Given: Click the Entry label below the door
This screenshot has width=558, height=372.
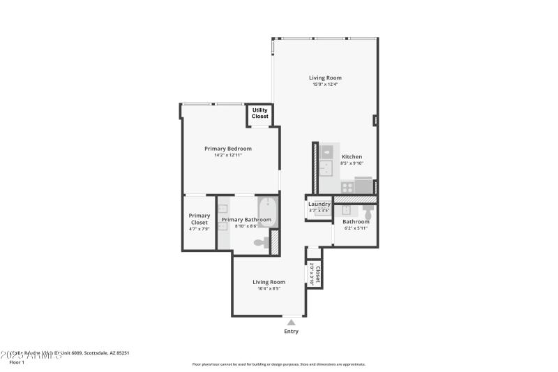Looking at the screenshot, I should click(291, 331).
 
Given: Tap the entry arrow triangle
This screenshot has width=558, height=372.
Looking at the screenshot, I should click(291, 322).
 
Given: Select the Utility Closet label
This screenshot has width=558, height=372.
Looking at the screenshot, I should click(259, 113).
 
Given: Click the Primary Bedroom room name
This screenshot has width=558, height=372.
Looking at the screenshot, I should click(228, 148).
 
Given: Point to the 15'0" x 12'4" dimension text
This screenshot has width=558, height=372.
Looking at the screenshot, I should click(325, 84).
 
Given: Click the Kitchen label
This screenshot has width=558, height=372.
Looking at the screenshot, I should click(352, 156).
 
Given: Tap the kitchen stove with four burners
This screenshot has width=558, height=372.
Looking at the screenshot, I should click(326, 187).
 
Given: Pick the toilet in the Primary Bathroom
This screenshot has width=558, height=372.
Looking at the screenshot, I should click(259, 243).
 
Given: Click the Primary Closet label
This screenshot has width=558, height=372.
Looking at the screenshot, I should click(199, 219).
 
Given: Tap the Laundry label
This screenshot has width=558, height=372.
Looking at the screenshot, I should click(319, 204).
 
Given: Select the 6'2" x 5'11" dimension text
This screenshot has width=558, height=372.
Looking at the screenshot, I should click(356, 228).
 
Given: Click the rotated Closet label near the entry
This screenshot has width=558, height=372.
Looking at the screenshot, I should click(318, 274).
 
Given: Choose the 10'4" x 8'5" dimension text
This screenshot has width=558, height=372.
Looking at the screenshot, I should click(269, 288).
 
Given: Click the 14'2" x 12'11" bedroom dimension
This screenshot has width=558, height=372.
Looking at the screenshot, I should click(228, 155).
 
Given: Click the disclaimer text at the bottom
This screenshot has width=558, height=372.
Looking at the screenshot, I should click(278, 364).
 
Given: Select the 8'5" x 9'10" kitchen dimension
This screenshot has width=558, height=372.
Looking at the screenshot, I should click(352, 163).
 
